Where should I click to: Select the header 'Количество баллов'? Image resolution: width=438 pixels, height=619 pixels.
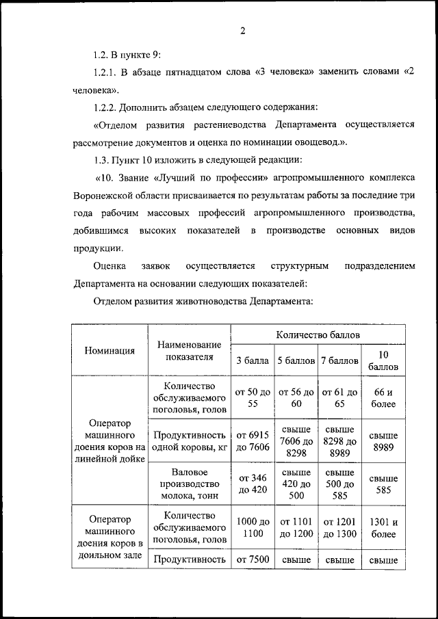pyautogui.click(x=318, y=334)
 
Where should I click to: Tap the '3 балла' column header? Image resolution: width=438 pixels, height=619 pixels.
pyautogui.click(x=253, y=360)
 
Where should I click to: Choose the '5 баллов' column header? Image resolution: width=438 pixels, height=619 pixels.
pyautogui.click(x=296, y=360)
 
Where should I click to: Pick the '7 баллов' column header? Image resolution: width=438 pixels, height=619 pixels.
pyautogui.click(x=339, y=360)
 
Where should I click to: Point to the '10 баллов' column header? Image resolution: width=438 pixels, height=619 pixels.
pyautogui.click(x=383, y=360)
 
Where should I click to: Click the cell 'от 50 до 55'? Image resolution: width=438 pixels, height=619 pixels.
pyautogui.click(x=253, y=398)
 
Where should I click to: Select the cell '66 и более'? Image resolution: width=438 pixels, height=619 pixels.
pyautogui.click(x=383, y=398)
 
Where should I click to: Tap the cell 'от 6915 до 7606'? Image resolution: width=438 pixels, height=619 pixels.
pyautogui.click(x=253, y=441)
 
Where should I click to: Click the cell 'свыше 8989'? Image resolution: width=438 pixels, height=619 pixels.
pyautogui.click(x=383, y=441)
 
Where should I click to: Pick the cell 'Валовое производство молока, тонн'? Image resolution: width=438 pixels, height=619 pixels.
pyautogui.click(x=190, y=484)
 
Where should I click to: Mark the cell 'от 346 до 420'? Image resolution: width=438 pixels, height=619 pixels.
pyautogui.click(x=253, y=484)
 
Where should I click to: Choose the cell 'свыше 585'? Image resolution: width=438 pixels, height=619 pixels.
pyautogui.click(x=383, y=484)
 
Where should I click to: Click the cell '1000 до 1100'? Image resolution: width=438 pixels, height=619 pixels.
pyautogui.click(x=253, y=527)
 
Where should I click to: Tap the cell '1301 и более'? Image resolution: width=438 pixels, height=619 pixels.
pyautogui.click(x=383, y=527)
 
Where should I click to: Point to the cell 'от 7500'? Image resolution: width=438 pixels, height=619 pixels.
pyautogui.click(x=253, y=559)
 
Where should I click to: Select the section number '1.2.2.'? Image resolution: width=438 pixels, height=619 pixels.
pyautogui.click(x=106, y=107)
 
